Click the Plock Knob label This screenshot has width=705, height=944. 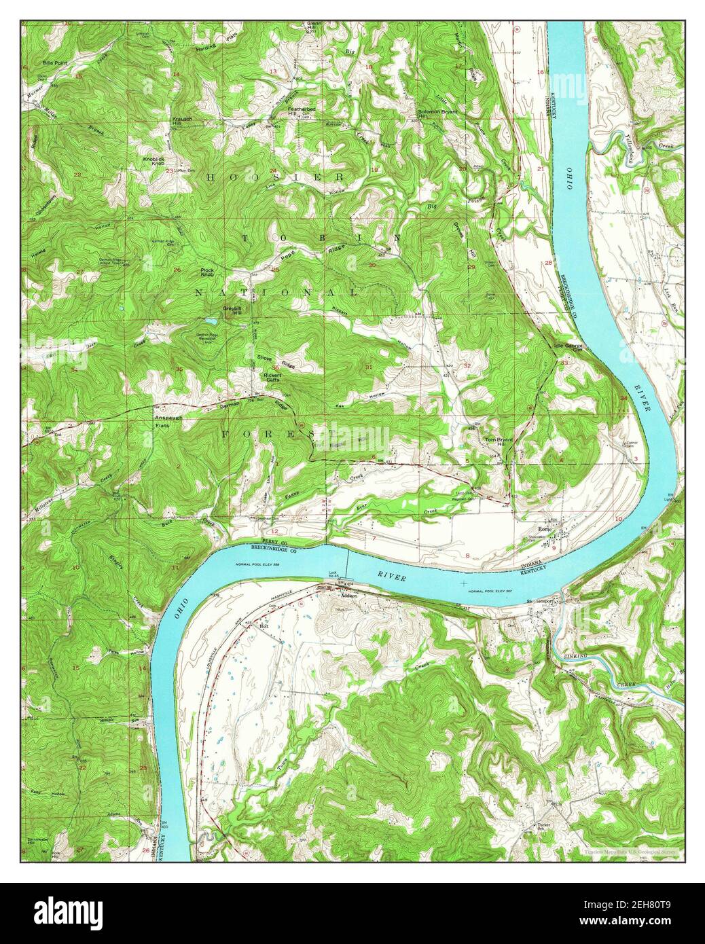(207, 272)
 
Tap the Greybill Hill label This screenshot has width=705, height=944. (233, 310)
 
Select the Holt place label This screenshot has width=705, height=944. (265, 625)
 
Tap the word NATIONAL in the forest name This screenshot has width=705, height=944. (276, 293)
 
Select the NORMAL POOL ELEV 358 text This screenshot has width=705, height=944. (261, 565)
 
